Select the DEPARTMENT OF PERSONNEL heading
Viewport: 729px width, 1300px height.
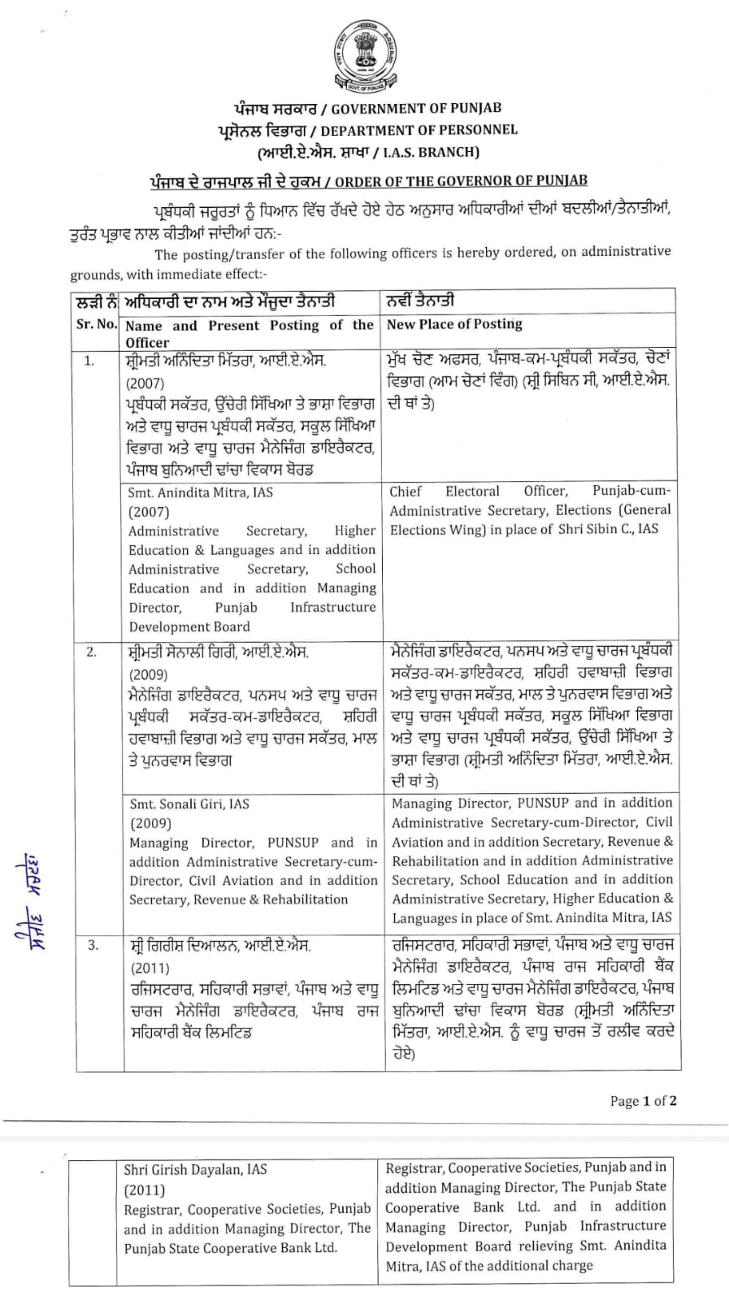419,130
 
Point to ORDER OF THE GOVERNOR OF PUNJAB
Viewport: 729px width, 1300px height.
461,181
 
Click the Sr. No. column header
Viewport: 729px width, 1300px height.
96,324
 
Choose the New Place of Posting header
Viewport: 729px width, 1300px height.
454,324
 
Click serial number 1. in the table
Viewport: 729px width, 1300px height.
89,361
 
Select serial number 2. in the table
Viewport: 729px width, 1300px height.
92,652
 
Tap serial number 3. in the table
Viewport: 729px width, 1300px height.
93,945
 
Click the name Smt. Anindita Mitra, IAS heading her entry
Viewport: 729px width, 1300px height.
201,492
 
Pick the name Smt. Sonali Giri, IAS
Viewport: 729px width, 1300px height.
189,804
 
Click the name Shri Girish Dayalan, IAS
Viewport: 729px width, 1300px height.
195,1171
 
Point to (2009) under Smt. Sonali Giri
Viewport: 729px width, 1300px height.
149,823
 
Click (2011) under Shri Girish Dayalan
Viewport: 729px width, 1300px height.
144,1190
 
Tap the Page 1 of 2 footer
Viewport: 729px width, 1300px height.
643,1101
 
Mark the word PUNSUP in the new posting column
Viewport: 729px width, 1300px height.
543,804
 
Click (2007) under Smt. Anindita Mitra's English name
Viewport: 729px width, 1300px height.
149,512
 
